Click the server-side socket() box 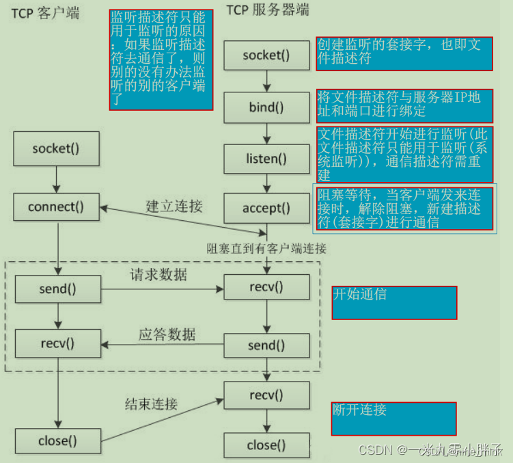266,55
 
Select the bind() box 266,107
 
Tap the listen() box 266,159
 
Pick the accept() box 266,207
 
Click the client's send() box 57,289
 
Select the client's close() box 57,440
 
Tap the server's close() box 266,446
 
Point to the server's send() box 266,345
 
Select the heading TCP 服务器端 268,10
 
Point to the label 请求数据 158,275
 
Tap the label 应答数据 167,334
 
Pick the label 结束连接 151,404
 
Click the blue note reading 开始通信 394,302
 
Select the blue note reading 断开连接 393,419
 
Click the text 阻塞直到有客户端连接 266,248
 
